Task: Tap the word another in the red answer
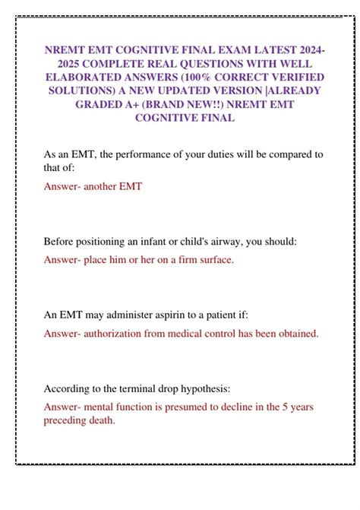[102, 185]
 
